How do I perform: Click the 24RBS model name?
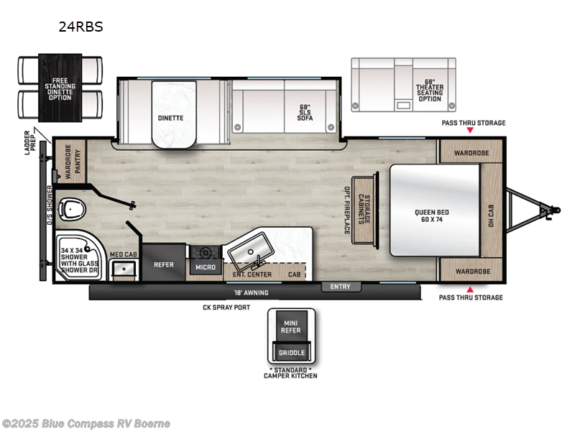pyautogui.click(x=80, y=27)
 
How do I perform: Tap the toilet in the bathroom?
pyautogui.click(x=72, y=209)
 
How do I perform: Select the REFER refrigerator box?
pyautogui.click(x=164, y=264)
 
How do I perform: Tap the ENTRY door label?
pyautogui.click(x=341, y=287)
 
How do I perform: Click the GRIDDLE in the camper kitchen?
pyautogui.click(x=292, y=353)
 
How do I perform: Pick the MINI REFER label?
pyautogui.click(x=292, y=327)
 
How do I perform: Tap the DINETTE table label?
pyautogui.click(x=170, y=117)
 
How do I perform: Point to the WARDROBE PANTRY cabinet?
pyautogui.click(x=73, y=161)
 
